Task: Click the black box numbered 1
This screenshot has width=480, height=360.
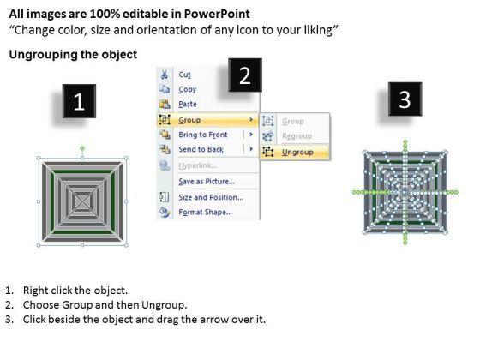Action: point(79,101)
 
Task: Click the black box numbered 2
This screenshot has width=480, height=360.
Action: point(245,75)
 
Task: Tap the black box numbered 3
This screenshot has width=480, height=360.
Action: point(405,99)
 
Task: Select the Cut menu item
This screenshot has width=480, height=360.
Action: point(184,75)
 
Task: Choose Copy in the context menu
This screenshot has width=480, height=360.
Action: point(188,89)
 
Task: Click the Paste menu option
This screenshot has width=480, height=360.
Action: point(188,104)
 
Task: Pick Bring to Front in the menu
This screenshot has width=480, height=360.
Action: point(203,135)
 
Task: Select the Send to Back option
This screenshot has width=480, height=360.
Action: point(201,149)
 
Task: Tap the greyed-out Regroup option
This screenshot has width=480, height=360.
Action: point(297,136)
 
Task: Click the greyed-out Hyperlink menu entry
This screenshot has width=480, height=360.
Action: point(198,165)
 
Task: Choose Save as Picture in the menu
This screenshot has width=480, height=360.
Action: point(207,182)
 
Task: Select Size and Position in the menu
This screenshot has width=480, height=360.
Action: point(211,197)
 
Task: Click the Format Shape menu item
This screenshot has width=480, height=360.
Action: point(205,213)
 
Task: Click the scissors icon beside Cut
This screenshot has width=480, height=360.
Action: point(165,75)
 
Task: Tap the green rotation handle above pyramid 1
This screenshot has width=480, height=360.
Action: point(82,148)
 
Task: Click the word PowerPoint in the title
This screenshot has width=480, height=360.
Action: point(217,14)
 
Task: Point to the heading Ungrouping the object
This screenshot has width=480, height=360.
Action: point(73,55)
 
